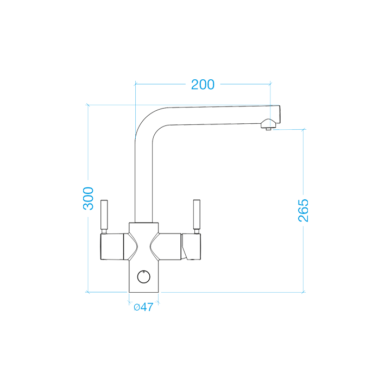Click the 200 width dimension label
click(203, 84)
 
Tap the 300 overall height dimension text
click(89, 199)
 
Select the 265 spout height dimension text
click(303, 210)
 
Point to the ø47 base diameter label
click(143, 307)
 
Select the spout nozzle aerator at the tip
click(267, 126)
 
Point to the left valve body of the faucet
click(115, 247)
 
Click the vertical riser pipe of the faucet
click(144, 179)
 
